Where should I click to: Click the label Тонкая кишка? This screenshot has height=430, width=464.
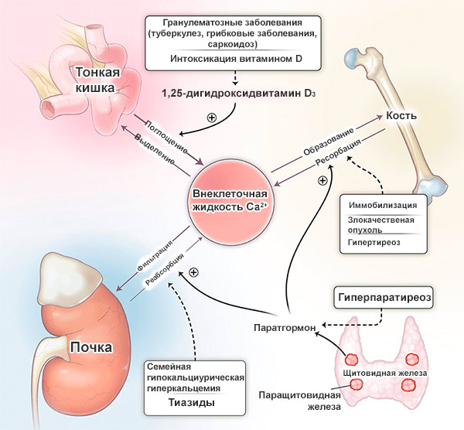click(x=97, y=80)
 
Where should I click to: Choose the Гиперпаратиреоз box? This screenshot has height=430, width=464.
click(x=382, y=297)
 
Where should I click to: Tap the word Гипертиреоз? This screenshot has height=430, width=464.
click(x=377, y=243)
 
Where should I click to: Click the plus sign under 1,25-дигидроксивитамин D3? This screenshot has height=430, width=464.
click(x=211, y=118)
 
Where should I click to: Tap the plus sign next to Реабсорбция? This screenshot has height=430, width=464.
click(x=194, y=272)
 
